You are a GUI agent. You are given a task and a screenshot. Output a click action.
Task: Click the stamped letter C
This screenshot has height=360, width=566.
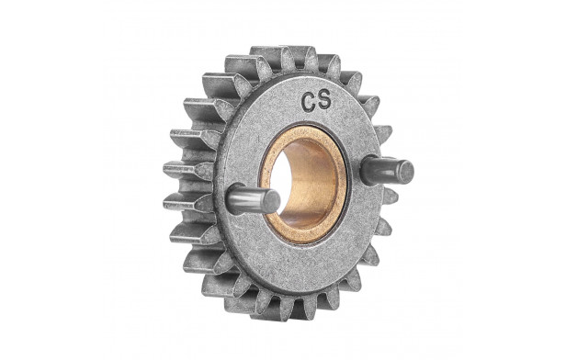(309, 103)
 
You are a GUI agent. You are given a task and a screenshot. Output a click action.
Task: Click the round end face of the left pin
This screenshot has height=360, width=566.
(272, 200)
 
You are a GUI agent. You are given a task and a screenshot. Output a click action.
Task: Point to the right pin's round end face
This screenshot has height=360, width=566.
(406, 171)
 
